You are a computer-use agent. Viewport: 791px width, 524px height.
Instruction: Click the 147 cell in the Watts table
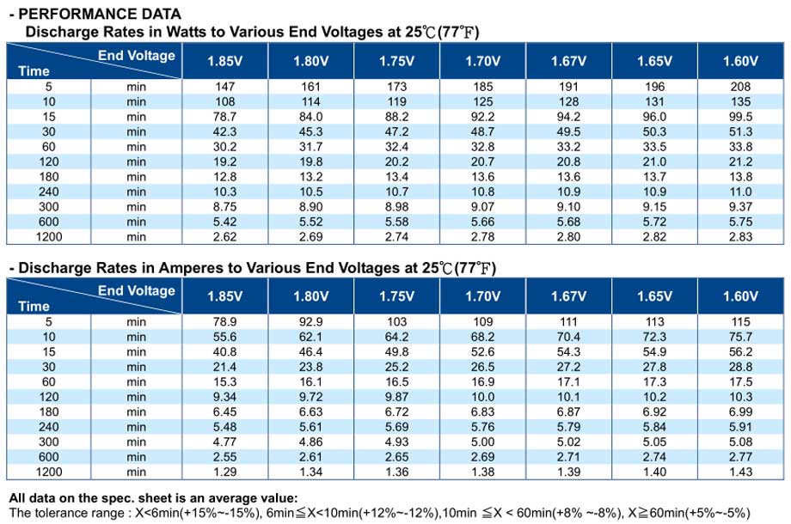click(225, 87)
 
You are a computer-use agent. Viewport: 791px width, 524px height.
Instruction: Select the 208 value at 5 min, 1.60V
click(740, 87)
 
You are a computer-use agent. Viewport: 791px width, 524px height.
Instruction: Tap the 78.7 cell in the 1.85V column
click(225, 117)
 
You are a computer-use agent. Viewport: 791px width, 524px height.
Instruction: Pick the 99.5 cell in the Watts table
click(740, 117)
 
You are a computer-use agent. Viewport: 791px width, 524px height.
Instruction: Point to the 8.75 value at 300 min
click(225, 206)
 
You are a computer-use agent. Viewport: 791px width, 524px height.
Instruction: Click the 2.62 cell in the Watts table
click(225, 237)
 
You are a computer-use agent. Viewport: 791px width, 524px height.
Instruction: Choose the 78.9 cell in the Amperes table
click(225, 321)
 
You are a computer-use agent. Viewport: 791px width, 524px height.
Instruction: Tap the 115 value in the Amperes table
click(740, 321)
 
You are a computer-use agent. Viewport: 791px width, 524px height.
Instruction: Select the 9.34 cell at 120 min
click(225, 397)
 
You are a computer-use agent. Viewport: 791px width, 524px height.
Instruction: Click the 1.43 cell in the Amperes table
click(740, 472)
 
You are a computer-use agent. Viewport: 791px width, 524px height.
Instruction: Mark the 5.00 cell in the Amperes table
click(483, 442)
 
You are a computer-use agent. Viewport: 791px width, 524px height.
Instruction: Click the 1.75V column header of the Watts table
click(397, 62)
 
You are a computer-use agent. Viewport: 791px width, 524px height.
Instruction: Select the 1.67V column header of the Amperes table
click(568, 296)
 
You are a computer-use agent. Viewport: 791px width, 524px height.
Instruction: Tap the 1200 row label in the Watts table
click(49, 237)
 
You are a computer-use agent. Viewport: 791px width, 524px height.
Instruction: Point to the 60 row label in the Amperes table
click(49, 382)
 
